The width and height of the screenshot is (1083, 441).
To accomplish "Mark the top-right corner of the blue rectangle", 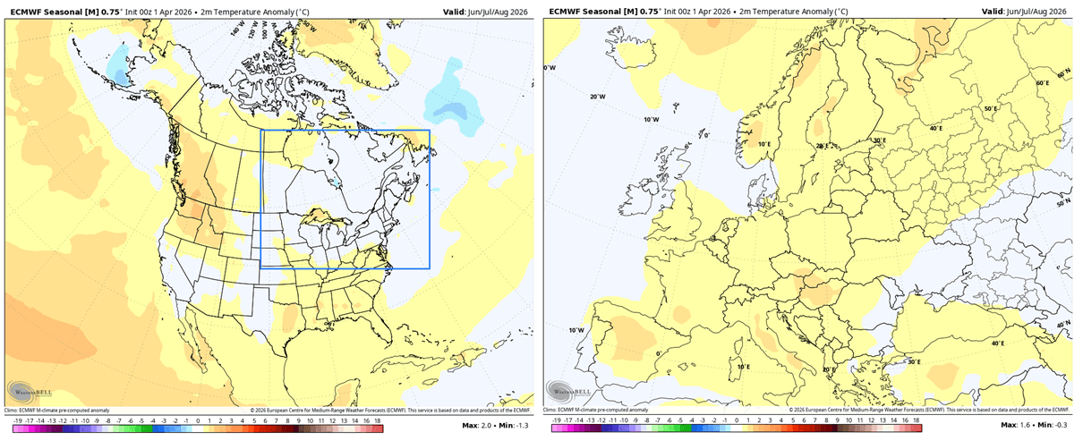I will point(430,131).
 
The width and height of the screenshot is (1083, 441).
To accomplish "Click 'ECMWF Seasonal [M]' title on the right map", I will point(590,12).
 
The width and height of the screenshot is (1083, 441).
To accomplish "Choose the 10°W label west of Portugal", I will point(576,330).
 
